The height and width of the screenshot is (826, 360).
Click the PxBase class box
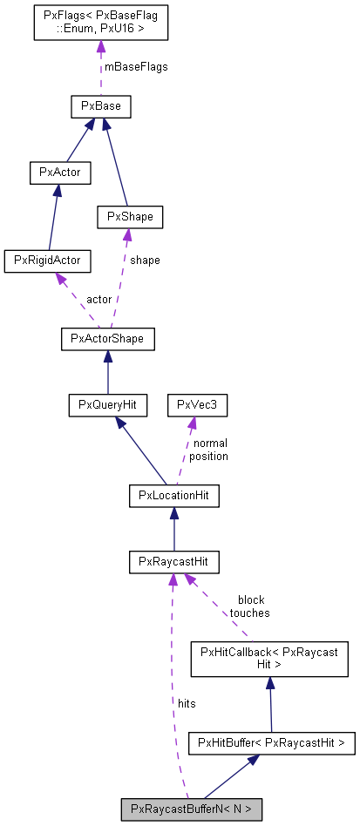(100, 107)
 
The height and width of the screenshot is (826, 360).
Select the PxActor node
(60, 172)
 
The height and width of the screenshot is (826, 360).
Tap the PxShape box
(129, 215)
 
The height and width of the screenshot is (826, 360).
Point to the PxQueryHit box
(108, 404)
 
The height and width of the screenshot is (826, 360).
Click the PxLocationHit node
(173, 496)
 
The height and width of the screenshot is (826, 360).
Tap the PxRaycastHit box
(173, 561)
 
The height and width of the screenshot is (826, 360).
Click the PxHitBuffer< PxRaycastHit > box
(272, 743)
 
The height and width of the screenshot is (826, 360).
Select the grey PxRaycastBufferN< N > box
(191, 809)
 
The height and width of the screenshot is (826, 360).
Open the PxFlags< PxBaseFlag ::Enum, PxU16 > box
(99, 22)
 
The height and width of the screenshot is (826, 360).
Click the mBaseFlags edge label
(135, 67)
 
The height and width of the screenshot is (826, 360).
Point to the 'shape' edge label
(145, 260)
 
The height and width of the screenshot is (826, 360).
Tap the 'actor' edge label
(98, 299)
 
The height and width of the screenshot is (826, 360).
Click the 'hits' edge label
(187, 701)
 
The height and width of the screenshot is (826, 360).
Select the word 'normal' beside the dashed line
(209, 443)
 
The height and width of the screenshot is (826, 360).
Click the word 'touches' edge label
(249, 613)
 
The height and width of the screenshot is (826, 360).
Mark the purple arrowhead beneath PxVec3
(193, 423)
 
